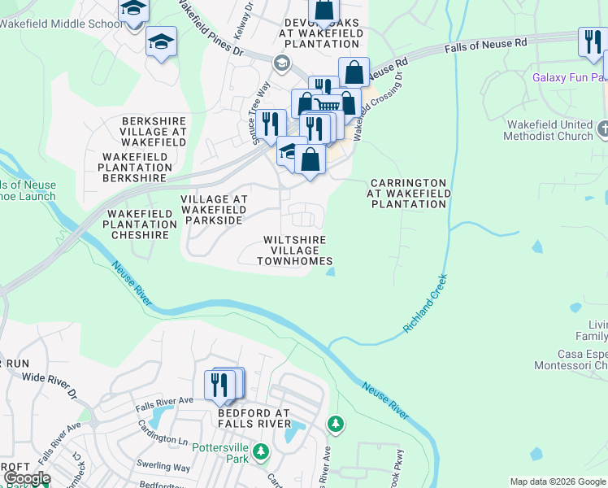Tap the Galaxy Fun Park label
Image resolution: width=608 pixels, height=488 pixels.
click(569, 78)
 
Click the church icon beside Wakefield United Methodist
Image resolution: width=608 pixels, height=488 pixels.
click(602, 129)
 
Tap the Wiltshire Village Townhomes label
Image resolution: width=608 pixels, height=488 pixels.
click(294, 251)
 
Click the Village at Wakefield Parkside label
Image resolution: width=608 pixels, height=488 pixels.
click(212, 209)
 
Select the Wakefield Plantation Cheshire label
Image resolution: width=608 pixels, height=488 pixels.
click(139, 224)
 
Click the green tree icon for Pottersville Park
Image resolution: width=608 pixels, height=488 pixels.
click(260, 451)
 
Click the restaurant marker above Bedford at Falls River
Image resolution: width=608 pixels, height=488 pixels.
click(219, 384)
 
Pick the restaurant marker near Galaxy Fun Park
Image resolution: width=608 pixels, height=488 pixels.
click(590, 42)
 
